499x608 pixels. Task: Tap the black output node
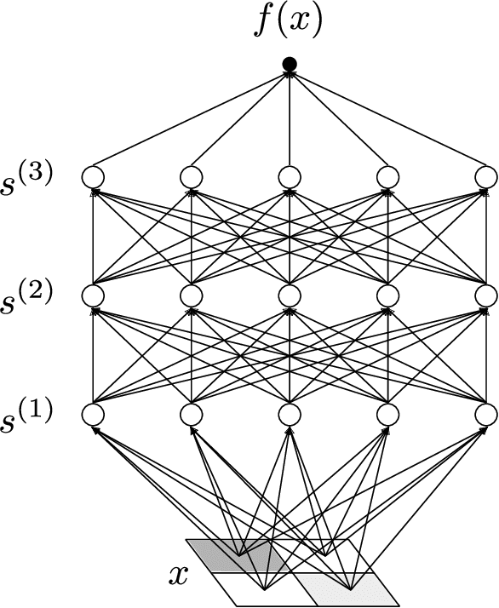[x=290, y=63]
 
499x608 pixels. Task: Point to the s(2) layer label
[x=27, y=295]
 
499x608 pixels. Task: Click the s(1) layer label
[x=27, y=414]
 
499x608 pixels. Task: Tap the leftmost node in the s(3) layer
[x=93, y=177]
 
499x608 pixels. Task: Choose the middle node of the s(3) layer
[x=290, y=177]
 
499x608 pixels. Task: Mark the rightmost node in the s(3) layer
[x=486, y=177]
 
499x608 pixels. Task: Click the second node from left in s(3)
[x=192, y=177]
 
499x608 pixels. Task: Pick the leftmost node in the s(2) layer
[x=93, y=295]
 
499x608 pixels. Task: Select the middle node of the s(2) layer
[x=290, y=295]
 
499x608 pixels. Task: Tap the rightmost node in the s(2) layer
[x=486, y=295]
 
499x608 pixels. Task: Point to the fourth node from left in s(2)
[x=388, y=295]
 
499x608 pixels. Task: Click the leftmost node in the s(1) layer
[x=93, y=415]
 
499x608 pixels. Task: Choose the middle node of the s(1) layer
[x=290, y=415]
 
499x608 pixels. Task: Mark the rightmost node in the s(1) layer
[x=486, y=415]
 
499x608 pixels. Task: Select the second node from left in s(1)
[x=192, y=415]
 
